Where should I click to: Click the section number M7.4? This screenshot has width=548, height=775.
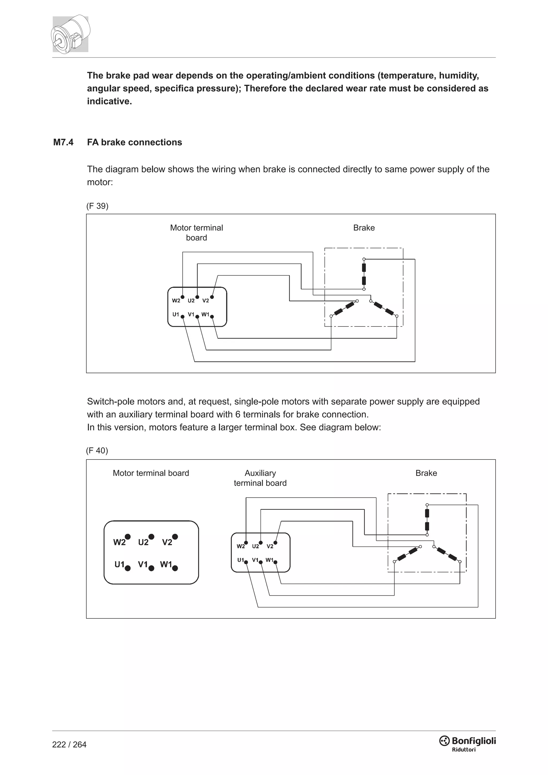(63, 142)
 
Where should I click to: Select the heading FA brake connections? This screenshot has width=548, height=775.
(134, 142)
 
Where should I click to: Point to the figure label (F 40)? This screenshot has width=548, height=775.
(97, 451)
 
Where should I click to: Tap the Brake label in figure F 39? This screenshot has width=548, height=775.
(364, 228)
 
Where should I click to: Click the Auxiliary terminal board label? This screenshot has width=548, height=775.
(260, 478)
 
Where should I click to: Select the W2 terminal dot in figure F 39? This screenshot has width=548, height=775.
(182, 297)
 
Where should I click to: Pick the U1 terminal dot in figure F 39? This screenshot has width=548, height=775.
(182, 317)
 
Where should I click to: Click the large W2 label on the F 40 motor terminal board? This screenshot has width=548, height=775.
(119, 542)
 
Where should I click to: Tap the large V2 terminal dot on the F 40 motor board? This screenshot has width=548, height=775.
(175, 537)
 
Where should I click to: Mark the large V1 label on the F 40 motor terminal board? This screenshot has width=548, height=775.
(143, 564)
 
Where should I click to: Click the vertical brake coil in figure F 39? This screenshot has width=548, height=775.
(364, 274)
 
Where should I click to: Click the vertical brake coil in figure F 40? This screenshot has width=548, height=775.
(427, 520)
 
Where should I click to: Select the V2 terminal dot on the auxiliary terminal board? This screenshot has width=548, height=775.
(275, 543)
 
